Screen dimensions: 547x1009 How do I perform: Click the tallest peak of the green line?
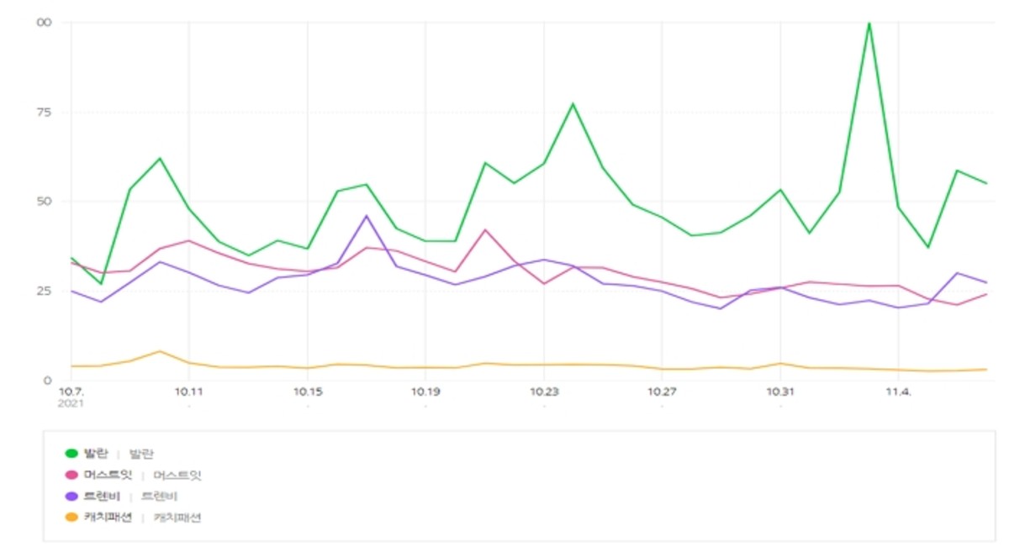tap(869, 23)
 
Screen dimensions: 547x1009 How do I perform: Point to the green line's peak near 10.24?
tap(573, 103)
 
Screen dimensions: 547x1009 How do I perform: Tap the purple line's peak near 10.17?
tap(366, 216)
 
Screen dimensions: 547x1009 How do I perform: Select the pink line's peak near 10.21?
tap(484, 229)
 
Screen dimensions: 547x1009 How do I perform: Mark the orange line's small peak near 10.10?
tap(160, 351)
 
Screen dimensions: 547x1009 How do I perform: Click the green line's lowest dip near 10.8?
tap(101, 283)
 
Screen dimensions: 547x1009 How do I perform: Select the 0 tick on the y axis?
tap(48, 381)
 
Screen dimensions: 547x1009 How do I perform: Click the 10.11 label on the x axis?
tap(189, 392)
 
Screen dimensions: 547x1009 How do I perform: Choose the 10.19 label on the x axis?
tap(425, 392)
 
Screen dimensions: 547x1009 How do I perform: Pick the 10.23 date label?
tap(544, 392)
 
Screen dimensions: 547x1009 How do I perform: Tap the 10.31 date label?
tap(780, 392)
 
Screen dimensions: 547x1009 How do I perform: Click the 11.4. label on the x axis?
tap(899, 392)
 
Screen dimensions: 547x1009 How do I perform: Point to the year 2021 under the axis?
tap(71, 403)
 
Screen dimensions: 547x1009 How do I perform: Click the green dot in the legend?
tap(71, 454)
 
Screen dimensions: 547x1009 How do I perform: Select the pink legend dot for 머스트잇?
tap(71, 476)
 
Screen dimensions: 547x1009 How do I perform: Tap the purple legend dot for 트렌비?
tap(71, 497)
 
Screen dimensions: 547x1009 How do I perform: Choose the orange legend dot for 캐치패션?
tap(71, 518)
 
